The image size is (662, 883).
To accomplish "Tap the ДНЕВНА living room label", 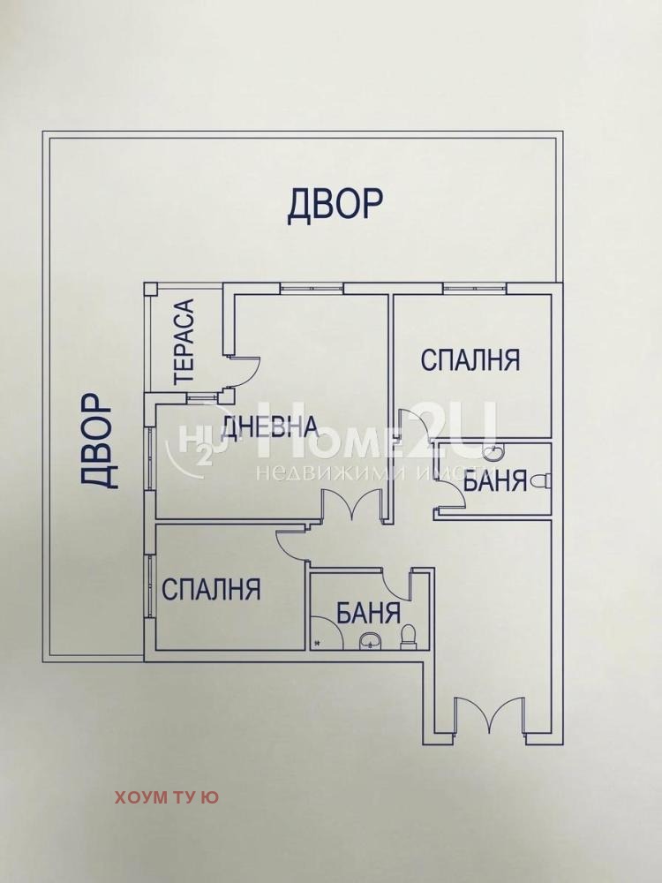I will [x=269, y=427].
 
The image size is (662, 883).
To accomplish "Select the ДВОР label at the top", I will [x=335, y=204].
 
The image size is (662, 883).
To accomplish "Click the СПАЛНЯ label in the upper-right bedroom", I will [x=470, y=360].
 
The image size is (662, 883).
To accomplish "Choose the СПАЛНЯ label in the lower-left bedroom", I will [x=212, y=589].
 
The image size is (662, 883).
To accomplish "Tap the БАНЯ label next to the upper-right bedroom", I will [x=495, y=482].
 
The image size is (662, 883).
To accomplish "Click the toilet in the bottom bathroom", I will [x=408, y=636].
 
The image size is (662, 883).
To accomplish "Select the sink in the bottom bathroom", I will [x=370, y=641].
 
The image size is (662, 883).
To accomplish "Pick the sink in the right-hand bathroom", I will [x=492, y=453].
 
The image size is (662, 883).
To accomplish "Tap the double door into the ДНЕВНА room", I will [x=351, y=509].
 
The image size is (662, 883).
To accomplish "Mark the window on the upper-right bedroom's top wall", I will [x=474, y=287].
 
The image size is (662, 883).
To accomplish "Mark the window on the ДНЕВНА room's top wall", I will [x=312, y=287].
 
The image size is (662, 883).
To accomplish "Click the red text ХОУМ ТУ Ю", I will [x=167, y=797].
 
